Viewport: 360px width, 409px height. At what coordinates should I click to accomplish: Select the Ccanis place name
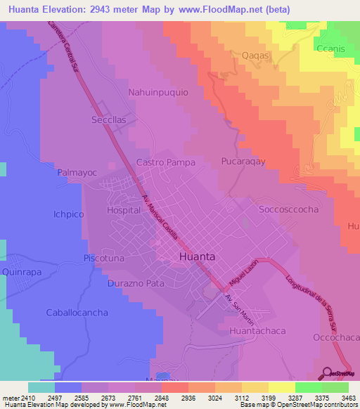pyautogui.click(x=330, y=48)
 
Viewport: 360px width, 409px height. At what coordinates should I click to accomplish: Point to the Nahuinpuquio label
pyautogui.click(x=158, y=92)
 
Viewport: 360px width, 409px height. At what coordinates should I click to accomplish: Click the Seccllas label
pyautogui.click(x=108, y=119)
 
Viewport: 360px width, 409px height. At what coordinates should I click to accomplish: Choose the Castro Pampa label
pyautogui.click(x=165, y=162)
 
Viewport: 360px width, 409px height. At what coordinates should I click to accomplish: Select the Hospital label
pyautogui.click(x=123, y=209)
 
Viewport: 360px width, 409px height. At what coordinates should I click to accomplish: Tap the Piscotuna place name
pyautogui.click(x=104, y=258)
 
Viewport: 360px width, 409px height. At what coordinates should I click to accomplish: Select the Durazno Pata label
pyautogui.click(x=136, y=284)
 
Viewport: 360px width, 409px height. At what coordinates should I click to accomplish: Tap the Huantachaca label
pyautogui.click(x=259, y=327)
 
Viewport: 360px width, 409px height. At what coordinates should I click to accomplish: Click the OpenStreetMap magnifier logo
pyautogui.click(x=327, y=373)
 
